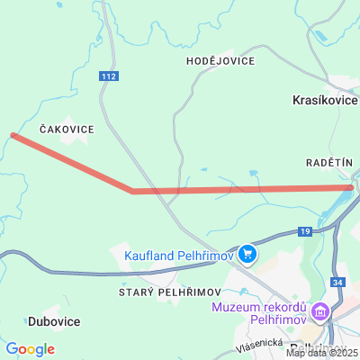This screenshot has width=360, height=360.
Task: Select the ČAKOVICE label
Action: tap(67, 130)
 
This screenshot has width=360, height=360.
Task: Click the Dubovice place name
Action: tap(54, 321)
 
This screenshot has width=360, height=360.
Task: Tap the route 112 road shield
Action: tap(109, 76)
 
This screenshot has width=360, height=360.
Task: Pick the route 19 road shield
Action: tap(306, 231)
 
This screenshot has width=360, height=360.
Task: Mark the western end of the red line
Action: tap(13, 135)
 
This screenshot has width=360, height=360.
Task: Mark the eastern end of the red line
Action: tap(351, 187)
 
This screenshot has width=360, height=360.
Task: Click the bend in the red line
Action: tap(132, 191)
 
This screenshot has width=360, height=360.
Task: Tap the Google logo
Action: tap(30, 349)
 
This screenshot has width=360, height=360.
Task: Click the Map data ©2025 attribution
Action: tap(322, 353)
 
